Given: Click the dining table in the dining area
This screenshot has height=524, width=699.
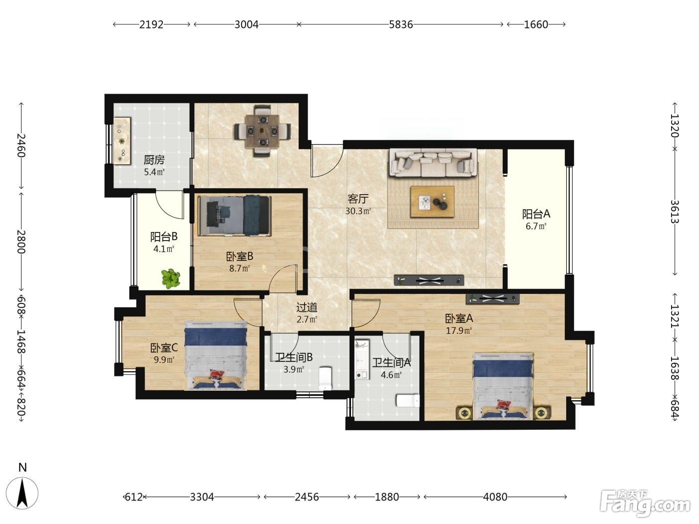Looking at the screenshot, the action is coord(262,131).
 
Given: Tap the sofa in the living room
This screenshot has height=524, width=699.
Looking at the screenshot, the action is coord(433,163).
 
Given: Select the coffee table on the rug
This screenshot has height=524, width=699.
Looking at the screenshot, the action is coord(432,202).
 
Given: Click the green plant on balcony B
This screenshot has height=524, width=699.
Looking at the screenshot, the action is coord(171,278).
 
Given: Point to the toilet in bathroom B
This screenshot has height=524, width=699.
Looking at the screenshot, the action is coord(325,379).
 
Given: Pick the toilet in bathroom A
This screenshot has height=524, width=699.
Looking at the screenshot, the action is coord(407,401).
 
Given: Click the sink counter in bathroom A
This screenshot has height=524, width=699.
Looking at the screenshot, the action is coord(362,359).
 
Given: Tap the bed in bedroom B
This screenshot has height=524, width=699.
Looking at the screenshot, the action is coord(234,216).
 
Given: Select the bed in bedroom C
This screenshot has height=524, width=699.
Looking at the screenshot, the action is coord(216,355).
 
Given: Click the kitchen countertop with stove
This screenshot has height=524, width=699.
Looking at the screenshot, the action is coord(122,141).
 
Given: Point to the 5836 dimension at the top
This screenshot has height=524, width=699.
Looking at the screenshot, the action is coord(400,24).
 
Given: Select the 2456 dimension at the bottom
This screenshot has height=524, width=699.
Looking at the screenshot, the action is coord(307,497).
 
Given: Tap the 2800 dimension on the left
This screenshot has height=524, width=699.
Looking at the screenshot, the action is coord(21,242).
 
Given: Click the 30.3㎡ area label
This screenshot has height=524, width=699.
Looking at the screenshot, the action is coord(358,211).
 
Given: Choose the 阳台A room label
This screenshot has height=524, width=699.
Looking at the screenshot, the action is coord(536,214).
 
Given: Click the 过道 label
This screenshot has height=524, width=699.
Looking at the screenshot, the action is coord(307,307).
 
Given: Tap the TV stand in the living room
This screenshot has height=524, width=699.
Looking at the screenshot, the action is coord(428,280).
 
